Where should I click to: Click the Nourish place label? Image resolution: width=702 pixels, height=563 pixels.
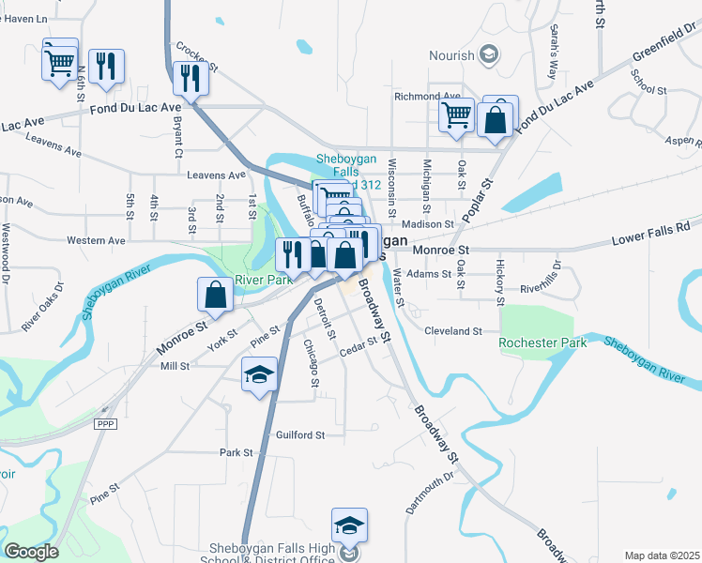pyautogui.click(x=451, y=56)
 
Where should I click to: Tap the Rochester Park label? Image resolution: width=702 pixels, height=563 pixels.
pyautogui.click(x=543, y=342)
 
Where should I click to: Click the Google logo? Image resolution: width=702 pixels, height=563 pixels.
pyautogui.click(x=30, y=552)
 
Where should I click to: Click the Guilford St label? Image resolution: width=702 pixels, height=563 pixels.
pyautogui.click(x=299, y=434)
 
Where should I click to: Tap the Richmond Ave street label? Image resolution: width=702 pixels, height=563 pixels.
pyautogui.click(x=427, y=96)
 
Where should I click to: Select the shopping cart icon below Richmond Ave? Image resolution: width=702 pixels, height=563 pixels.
pyautogui.click(x=456, y=115)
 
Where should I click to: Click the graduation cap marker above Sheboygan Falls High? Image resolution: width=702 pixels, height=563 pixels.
pyautogui.click(x=348, y=525)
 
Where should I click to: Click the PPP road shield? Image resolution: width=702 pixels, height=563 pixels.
pyautogui.click(x=104, y=424)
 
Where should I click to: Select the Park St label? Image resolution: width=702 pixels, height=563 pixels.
pyautogui.click(x=237, y=452)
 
